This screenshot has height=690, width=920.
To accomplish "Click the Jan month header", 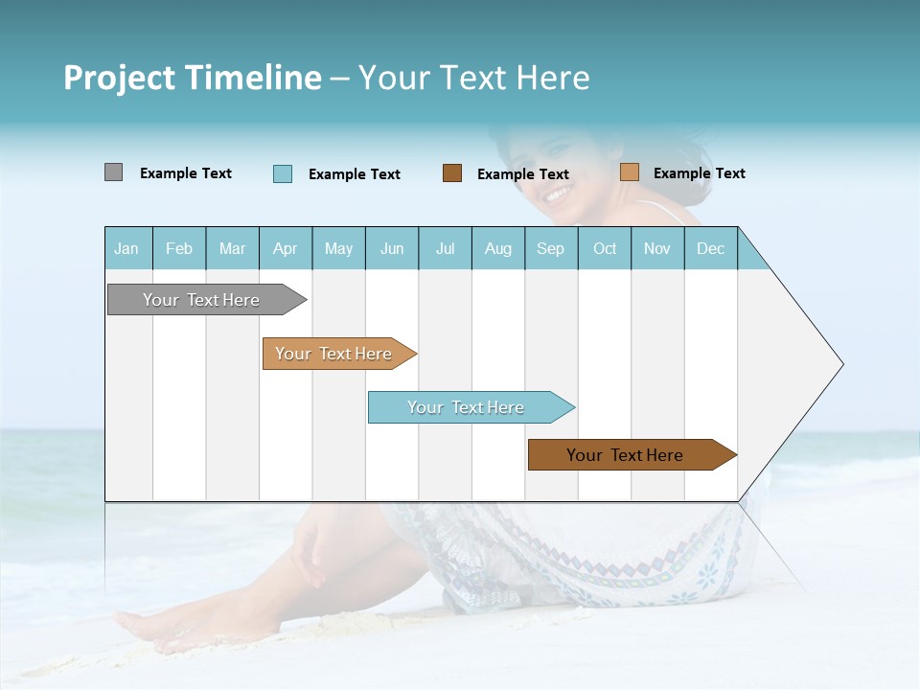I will [x=126, y=248].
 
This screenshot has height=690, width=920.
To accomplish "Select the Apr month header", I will [x=285, y=248].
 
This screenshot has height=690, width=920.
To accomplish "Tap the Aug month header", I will [x=497, y=248].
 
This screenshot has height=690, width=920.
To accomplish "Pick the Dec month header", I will [x=710, y=248].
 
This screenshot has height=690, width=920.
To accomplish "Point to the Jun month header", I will [x=391, y=248].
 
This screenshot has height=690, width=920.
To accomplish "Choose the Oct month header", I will [x=604, y=248].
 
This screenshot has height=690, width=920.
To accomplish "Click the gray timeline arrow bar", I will [x=201, y=300].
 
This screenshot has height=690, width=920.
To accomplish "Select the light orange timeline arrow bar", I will [x=333, y=354].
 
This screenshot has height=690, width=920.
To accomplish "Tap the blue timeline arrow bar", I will [x=466, y=407].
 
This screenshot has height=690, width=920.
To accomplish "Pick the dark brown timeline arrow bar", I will [x=625, y=455].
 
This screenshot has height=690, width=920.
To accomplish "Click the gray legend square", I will [x=113, y=172].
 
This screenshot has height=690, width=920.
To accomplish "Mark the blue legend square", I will [x=282, y=173].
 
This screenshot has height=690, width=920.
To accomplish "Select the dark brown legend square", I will [x=451, y=173].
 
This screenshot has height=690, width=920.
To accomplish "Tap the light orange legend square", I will [x=629, y=172].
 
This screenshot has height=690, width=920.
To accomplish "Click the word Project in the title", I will [x=118, y=78].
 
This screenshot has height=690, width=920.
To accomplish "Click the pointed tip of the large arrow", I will [x=840, y=364].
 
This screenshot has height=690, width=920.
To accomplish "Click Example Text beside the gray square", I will [x=185, y=173].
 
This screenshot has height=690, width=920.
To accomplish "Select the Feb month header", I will [x=178, y=248].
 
